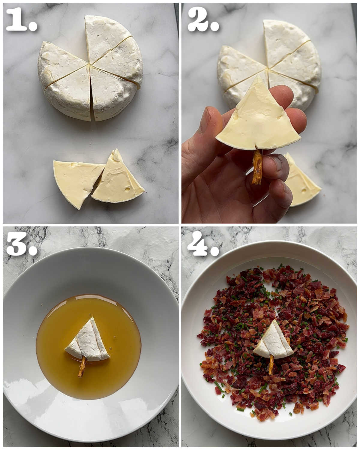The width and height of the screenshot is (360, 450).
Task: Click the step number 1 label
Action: (x=21, y=20)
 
